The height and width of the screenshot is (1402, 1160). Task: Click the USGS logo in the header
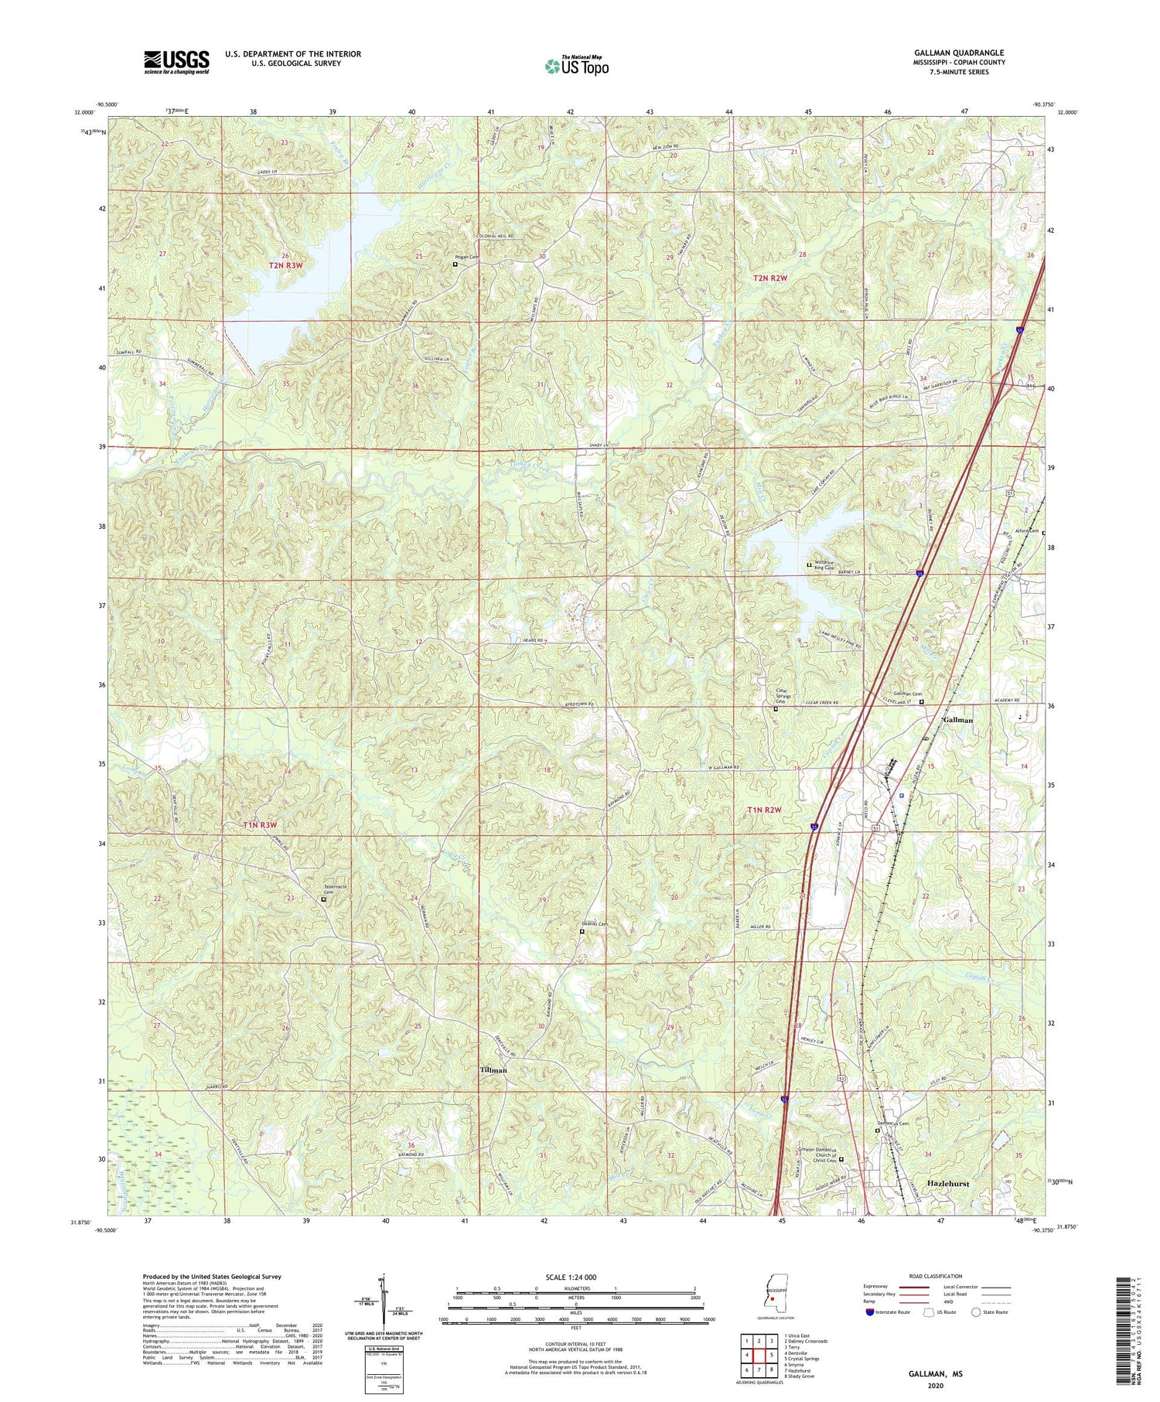176,62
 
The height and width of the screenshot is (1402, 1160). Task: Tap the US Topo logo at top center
576,67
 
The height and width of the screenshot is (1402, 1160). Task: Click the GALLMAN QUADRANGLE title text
960,53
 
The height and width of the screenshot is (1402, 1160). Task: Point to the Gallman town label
957,719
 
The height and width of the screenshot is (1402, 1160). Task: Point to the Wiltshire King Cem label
823,565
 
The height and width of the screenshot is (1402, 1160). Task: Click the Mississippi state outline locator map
770,1298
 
